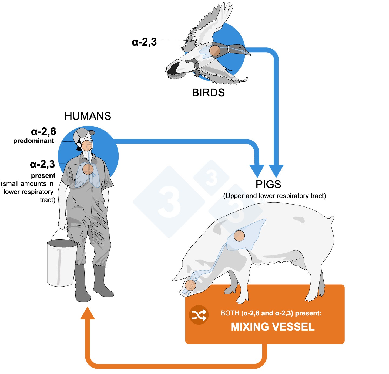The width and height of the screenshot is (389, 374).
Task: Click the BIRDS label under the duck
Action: (x=208, y=93)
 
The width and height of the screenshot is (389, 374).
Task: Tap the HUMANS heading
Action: (x=88, y=116)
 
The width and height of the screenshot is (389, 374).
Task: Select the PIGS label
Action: (x=268, y=184)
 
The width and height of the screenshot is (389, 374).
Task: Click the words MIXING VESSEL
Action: (x=273, y=327)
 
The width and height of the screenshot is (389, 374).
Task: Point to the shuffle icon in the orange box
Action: (x=199, y=315)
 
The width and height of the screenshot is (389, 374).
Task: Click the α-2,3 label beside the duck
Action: (x=144, y=42)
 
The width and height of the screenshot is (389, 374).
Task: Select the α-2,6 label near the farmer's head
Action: (x=43, y=132)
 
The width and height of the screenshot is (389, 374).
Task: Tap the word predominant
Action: (x=34, y=141)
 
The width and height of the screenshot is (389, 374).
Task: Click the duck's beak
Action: (x=247, y=52)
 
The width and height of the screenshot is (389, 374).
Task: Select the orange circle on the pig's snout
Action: (x=190, y=285)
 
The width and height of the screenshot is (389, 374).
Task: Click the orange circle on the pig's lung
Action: (x=239, y=236)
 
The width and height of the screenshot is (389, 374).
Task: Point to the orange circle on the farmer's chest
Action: (x=88, y=169)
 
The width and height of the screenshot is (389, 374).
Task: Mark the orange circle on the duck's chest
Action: (x=215, y=50)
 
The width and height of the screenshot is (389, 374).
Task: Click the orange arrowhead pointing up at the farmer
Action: (x=88, y=314)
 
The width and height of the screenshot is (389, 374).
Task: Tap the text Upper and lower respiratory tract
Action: (x=274, y=196)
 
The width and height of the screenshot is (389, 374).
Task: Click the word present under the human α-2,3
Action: (x=43, y=176)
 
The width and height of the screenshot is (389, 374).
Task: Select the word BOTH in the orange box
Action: (x=230, y=313)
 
